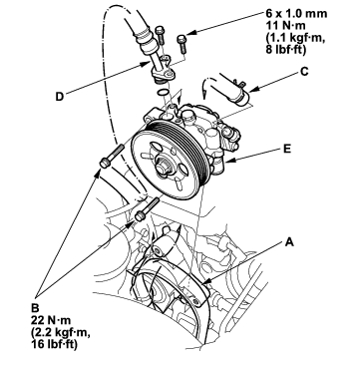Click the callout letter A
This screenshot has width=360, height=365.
tap(289, 242)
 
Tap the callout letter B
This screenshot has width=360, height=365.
tap(35, 307)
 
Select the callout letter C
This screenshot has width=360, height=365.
tap(304, 71)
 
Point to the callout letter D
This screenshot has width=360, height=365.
tap(60, 97)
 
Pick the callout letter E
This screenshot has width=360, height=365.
tap(287, 149)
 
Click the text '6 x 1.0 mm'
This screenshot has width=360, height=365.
tap(296, 13)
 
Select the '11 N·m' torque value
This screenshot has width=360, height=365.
tap(284, 25)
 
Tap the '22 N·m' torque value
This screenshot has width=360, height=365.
tap(50, 320)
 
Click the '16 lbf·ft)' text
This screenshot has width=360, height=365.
tap(54, 344)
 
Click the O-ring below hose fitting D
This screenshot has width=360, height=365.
tap(163, 92)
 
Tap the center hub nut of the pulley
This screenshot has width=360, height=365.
tap(163, 169)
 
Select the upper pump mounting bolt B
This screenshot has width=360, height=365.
tap(112, 156)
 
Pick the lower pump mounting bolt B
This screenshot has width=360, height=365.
tap(148, 209)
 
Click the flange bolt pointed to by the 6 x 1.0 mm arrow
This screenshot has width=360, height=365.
tap(182, 44)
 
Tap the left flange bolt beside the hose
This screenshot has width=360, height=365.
tap(161, 35)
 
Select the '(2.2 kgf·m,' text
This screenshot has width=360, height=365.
tap(60, 332)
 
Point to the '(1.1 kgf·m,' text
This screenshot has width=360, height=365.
tap(294, 37)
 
